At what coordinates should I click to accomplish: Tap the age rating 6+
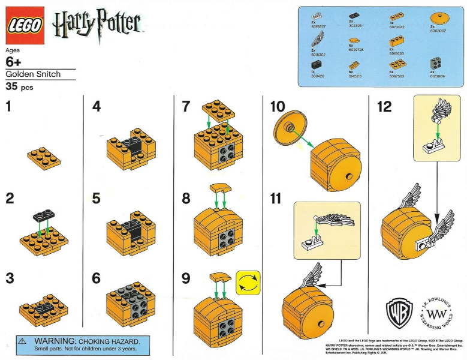(x=14, y=62)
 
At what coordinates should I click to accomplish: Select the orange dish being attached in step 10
(x=289, y=127)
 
